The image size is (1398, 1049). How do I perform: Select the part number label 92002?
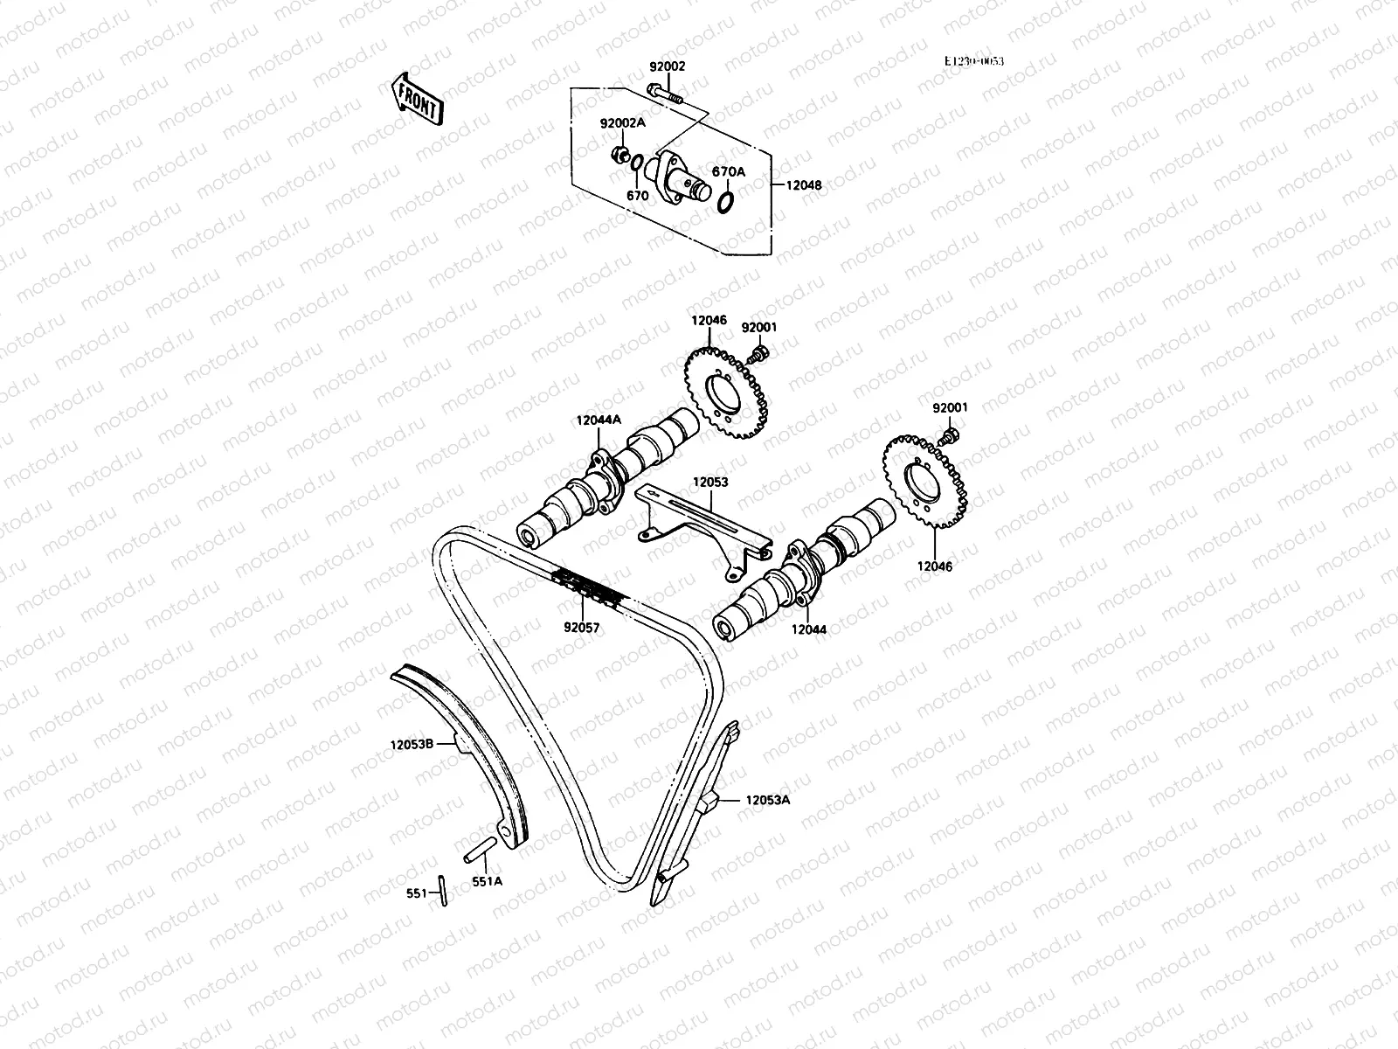(667, 66)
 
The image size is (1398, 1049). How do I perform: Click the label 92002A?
(622, 123)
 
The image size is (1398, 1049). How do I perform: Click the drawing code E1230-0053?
(974, 61)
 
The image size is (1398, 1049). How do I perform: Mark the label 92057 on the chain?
(581, 627)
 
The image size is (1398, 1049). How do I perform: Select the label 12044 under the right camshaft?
(808, 629)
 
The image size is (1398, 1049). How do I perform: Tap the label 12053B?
(412, 746)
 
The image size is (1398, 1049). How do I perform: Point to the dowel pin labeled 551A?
(480, 847)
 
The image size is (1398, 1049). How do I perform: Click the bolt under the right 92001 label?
(951, 434)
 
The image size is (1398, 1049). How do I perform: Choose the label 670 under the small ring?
(637, 196)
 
